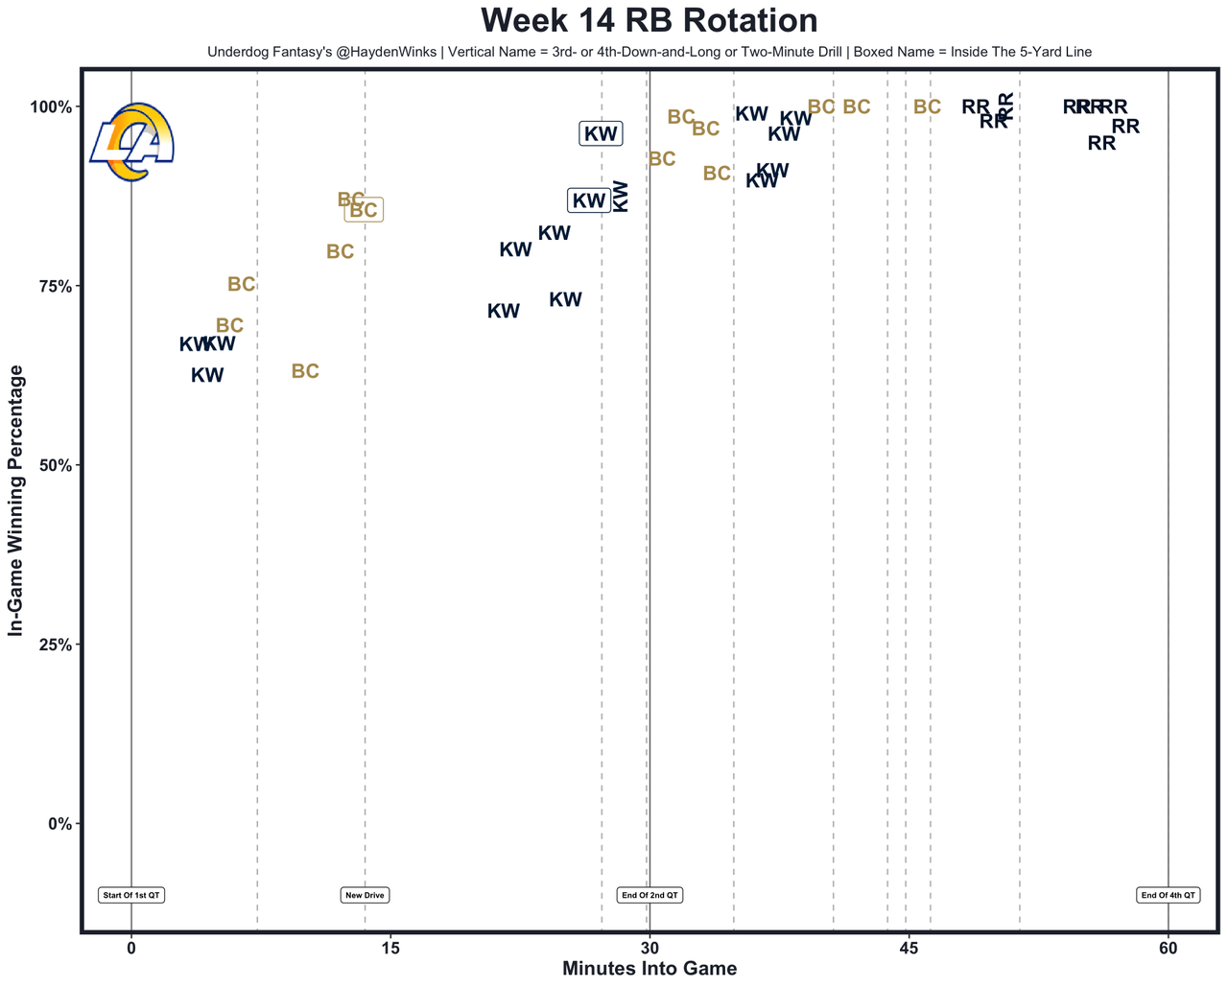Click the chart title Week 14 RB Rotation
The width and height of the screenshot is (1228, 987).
(649, 21)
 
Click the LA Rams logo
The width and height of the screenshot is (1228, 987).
(132, 142)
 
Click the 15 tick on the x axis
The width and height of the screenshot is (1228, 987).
(390, 949)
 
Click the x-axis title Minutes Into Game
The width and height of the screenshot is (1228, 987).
(649, 969)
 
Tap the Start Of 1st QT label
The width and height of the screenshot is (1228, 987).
(131, 895)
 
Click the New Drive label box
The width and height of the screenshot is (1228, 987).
(365, 895)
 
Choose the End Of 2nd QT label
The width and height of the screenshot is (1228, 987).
(649, 895)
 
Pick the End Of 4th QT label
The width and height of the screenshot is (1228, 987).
(1168, 895)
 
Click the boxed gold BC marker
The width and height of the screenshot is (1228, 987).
(364, 211)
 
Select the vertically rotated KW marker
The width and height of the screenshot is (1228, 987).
(621, 196)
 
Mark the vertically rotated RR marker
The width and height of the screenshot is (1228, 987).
(1005, 106)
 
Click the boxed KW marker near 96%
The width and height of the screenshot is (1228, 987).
(601, 134)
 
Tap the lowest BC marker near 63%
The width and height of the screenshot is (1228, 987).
(305, 371)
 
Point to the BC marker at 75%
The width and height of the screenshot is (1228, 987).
(242, 285)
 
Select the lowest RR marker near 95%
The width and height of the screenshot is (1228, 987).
(1102, 143)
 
